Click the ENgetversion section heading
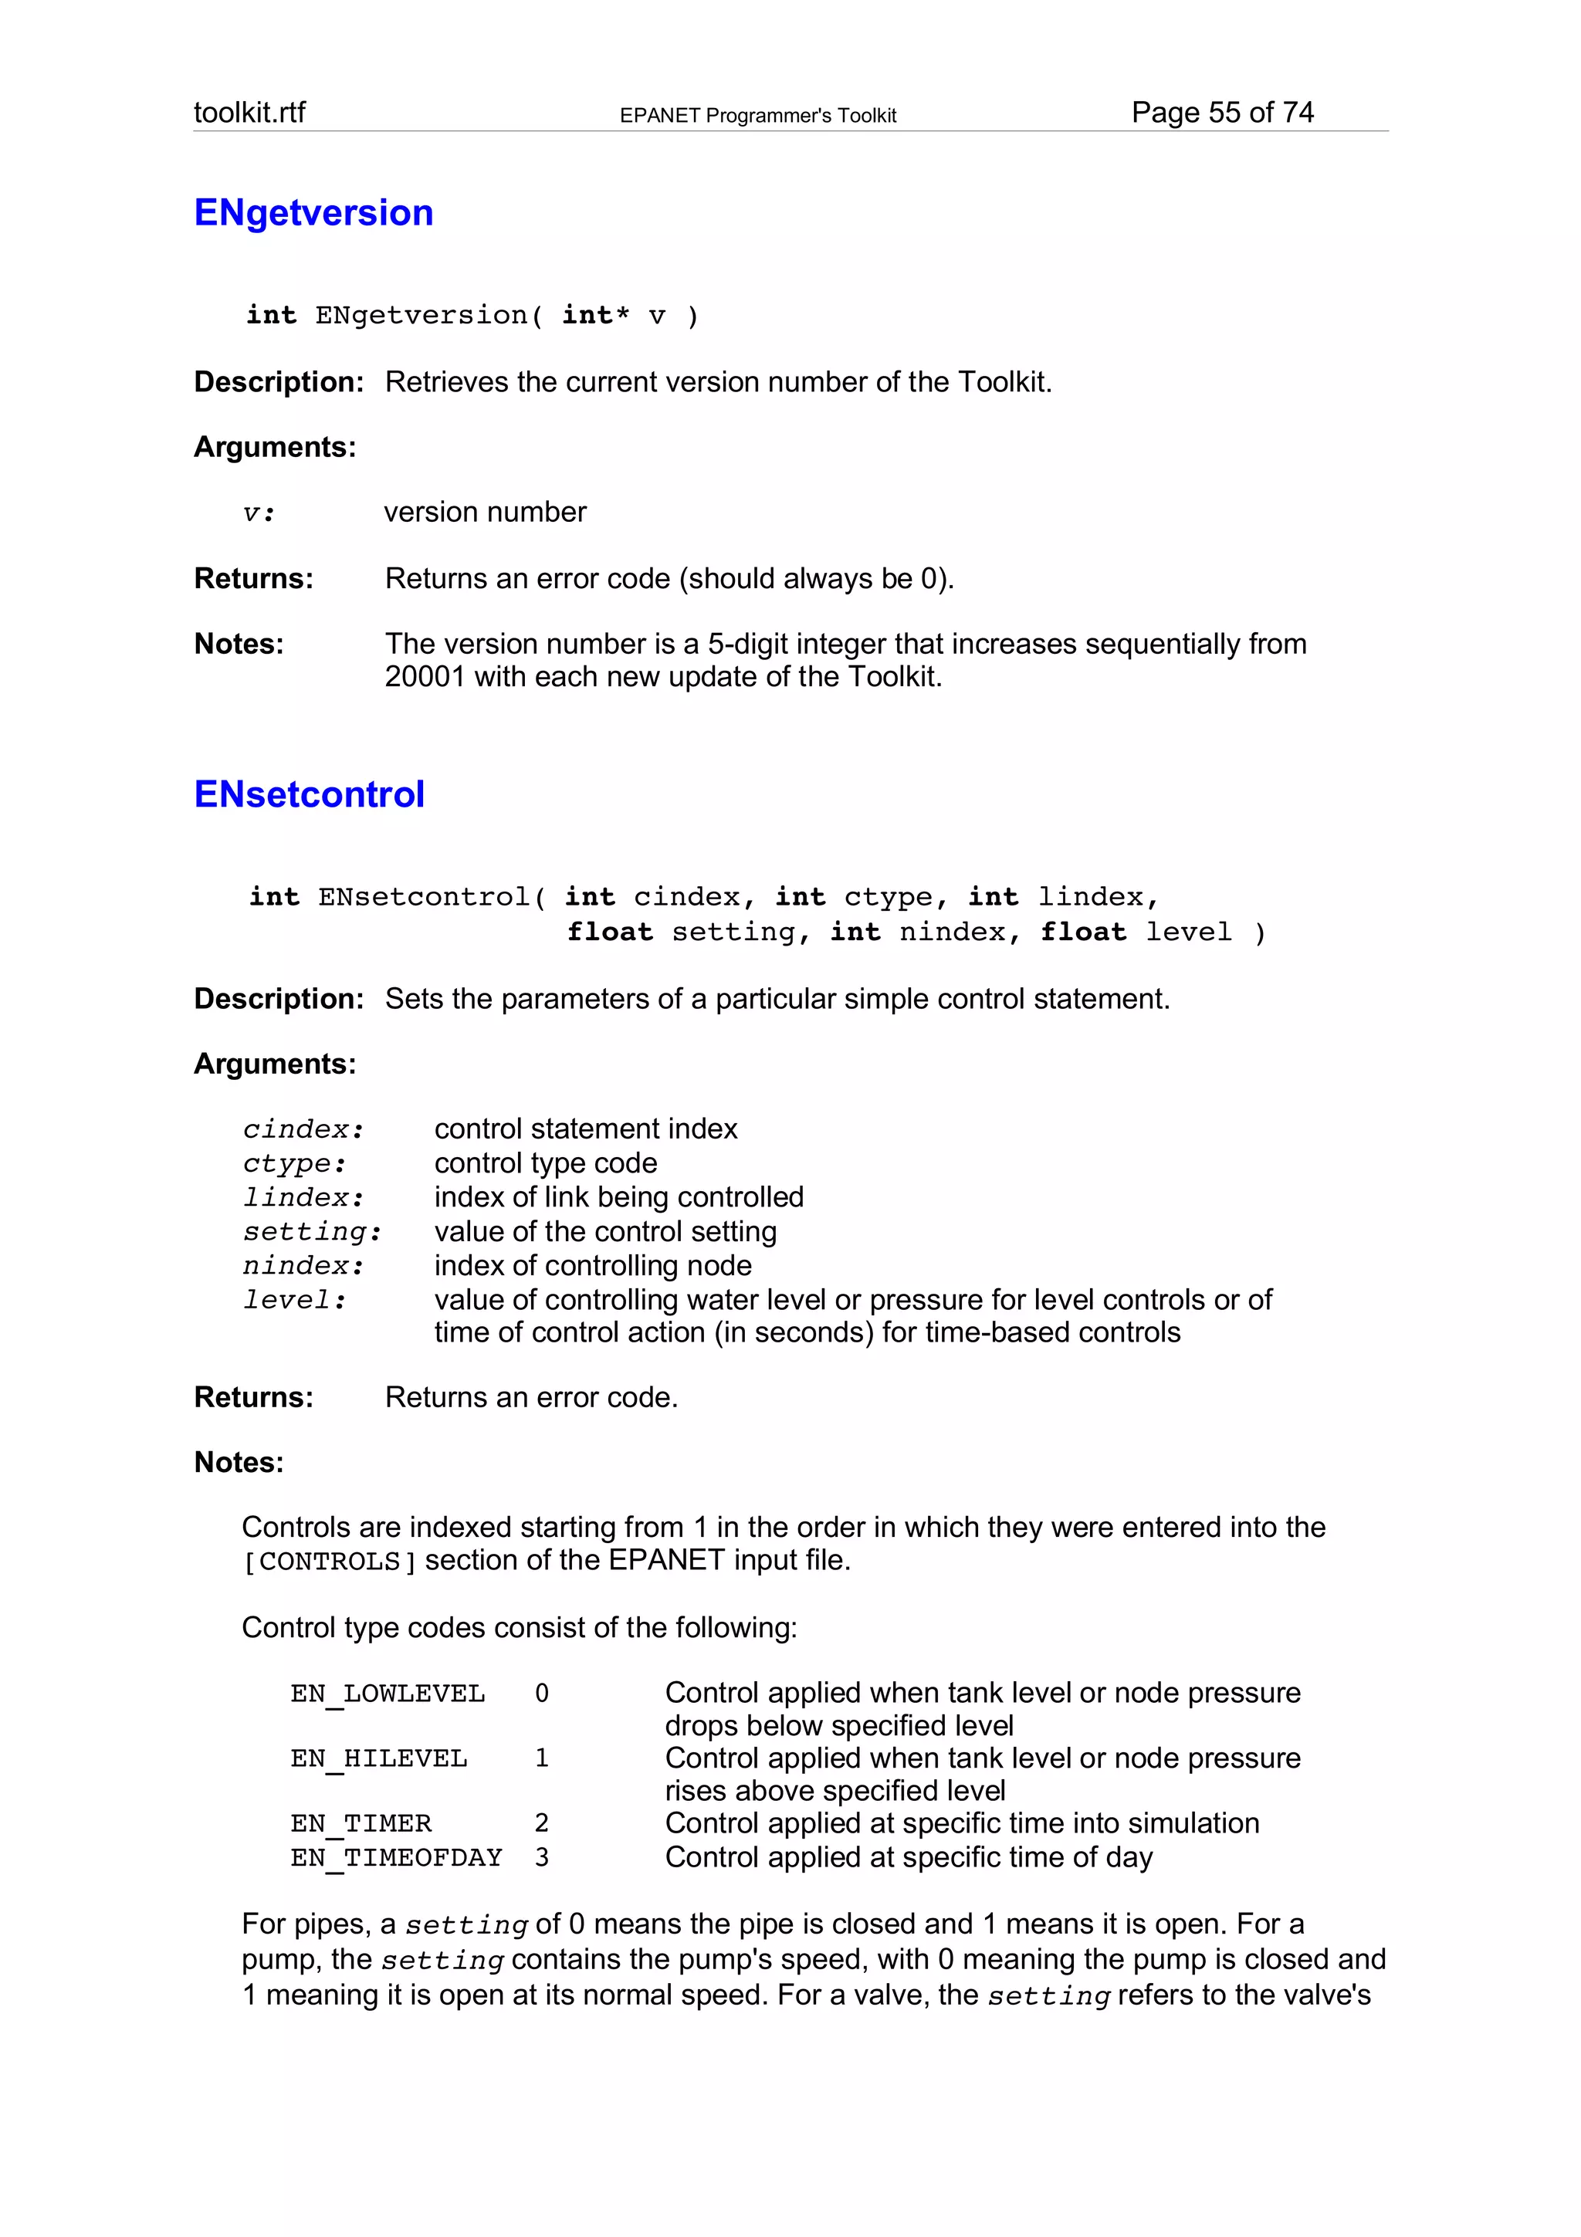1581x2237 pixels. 313,212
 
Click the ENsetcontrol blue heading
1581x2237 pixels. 309,794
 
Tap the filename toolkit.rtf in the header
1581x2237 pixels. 249,113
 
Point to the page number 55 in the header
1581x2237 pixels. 1224,113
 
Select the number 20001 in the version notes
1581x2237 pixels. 425,676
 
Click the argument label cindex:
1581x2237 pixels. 303,1129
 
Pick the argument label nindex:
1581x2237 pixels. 303,1266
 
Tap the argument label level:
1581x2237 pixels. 294,1300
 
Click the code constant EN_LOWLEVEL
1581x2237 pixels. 387,1694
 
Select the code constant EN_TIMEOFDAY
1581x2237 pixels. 395,1857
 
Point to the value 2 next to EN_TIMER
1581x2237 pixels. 542,1823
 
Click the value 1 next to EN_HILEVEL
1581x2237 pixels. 542,1758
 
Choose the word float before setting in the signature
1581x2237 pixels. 610,932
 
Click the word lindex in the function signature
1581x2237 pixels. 1089,896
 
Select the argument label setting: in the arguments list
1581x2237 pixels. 312,1231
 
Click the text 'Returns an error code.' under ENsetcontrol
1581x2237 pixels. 531,1397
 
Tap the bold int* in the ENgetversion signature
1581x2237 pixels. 595,316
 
